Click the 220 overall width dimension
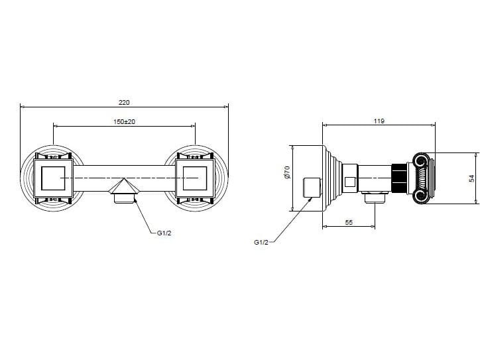pos(124,103)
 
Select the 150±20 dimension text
pos(124,121)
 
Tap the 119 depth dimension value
pos(379,121)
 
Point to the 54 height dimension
pos(471,179)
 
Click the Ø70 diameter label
pos(286,174)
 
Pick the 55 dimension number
pos(349,223)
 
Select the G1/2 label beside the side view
pos(261,243)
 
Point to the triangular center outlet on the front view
pos(124,188)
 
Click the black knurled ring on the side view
pos(400,178)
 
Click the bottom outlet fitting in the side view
pos(376,196)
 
